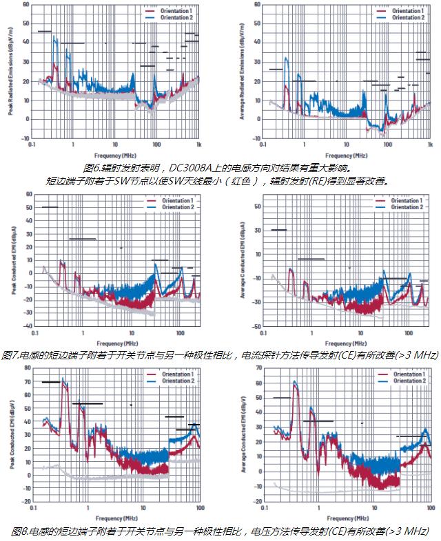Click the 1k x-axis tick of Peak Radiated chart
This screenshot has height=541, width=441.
(x=198, y=145)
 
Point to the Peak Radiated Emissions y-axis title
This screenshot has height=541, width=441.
(x=10, y=72)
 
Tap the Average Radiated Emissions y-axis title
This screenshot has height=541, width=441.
(x=241, y=72)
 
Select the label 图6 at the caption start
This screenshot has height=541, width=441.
(x=92, y=168)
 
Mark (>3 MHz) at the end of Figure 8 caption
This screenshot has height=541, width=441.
(x=409, y=531)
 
